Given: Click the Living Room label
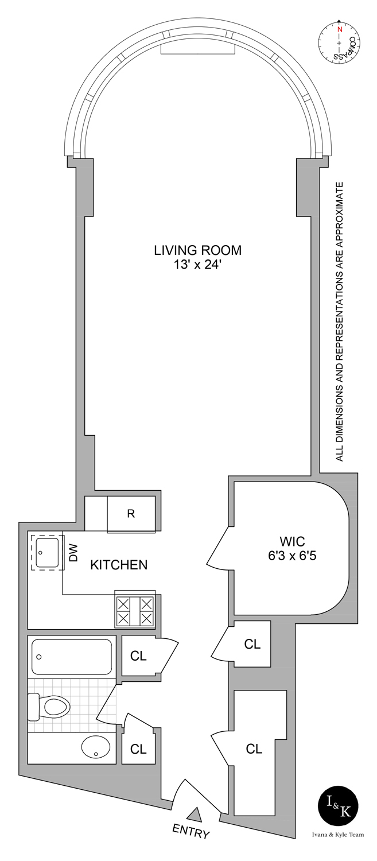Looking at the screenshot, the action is tap(198, 250).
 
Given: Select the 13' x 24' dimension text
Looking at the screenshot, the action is tap(198, 265).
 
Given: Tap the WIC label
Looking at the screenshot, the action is tap(292, 541).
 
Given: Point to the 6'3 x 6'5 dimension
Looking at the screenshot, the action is tap(292, 556).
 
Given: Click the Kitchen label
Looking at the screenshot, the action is tap(119, 565).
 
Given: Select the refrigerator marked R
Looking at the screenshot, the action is tap(131, 514).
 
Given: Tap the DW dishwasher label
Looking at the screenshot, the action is tap(73, 553).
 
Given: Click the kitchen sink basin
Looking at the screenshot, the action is tap(47, 553).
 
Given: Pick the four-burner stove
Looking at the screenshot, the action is tap(135, 610).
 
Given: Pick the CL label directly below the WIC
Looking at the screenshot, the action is tap(252, 643).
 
